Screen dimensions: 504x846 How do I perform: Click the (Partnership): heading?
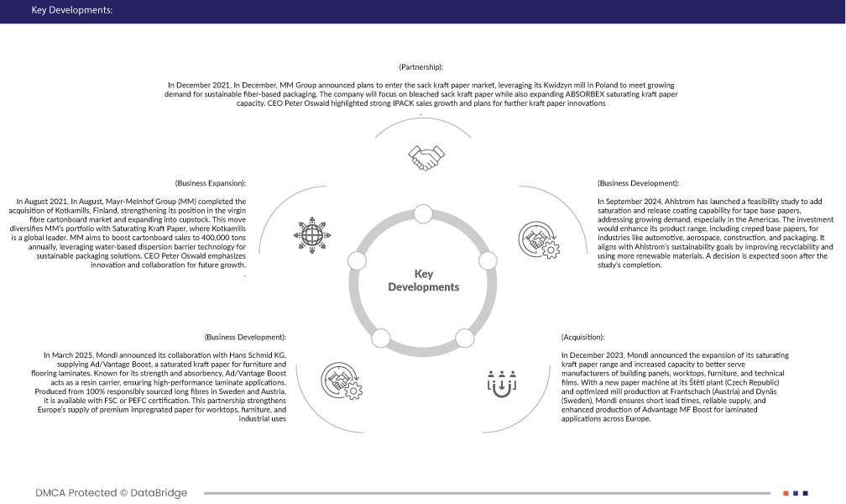pos(420,66)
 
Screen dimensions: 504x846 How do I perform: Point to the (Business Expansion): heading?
pos(210,182)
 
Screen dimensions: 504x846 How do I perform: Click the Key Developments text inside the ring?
pos(423,281)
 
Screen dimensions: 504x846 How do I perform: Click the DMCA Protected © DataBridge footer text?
pos(111,493)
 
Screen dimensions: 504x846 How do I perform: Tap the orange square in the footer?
pos(786,493)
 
